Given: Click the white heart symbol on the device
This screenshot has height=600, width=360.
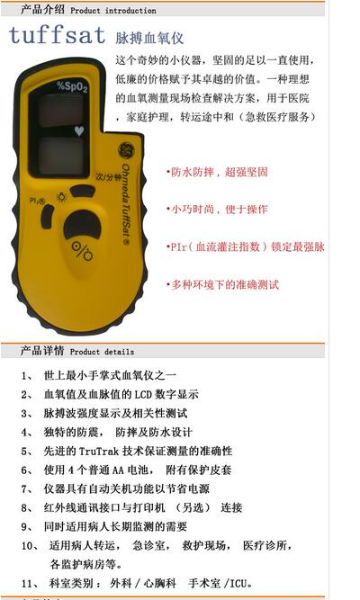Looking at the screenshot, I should pyautogui.click(x=80, y=130).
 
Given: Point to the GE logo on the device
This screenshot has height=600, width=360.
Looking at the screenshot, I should pyautogui.click(x=117, y=150).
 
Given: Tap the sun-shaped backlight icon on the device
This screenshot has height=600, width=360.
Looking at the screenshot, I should pyautogui.click(x=61, y=195).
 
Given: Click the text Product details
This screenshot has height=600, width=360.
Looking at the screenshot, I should pyautogui.click(x=102, y=352).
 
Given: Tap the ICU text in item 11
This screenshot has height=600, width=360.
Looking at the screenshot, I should pyautogui.click(x=239, y=584).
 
